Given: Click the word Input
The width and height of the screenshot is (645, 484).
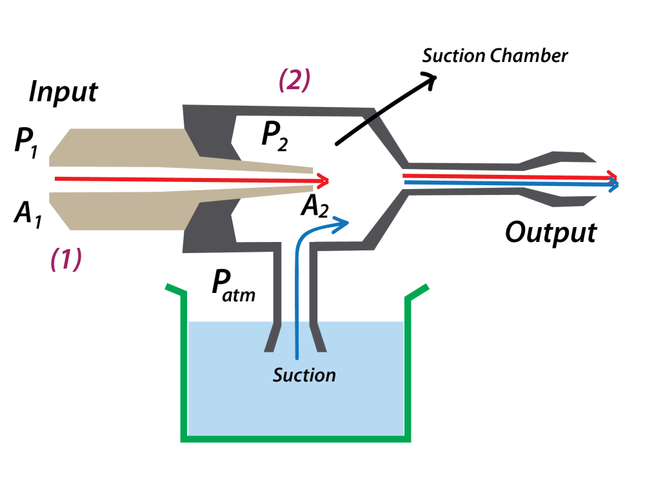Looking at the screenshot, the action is click(63, 92).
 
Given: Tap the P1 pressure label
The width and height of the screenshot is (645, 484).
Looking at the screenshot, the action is click(26, 143).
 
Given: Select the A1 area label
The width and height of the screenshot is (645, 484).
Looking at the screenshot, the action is click(28, 214).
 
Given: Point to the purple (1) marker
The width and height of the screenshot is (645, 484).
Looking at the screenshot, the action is click(66, 259).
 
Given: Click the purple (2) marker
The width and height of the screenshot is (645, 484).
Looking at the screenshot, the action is click(295, 80).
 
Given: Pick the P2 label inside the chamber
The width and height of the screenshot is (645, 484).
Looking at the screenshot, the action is click(275, 136).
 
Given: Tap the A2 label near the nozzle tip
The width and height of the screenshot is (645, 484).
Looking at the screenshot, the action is click(315, 207).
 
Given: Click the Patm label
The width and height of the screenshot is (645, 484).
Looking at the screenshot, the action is click(233, 287).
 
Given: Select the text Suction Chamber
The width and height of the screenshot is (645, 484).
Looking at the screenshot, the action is click(495, 55).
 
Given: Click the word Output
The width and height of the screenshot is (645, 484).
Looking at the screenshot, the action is click(551, 233).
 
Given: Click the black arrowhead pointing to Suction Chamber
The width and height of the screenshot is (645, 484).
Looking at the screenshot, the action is click(429, 79).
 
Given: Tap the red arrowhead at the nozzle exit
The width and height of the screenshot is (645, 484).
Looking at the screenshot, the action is click(324, 181).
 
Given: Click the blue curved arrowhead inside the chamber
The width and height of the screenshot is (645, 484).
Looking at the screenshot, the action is click(342, 224).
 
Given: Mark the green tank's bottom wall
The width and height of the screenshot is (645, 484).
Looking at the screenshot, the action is click(295, 439).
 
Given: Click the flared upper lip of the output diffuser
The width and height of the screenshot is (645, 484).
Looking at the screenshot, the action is click(559, 159).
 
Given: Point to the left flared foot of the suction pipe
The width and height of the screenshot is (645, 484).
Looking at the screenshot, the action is click(272, 338).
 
